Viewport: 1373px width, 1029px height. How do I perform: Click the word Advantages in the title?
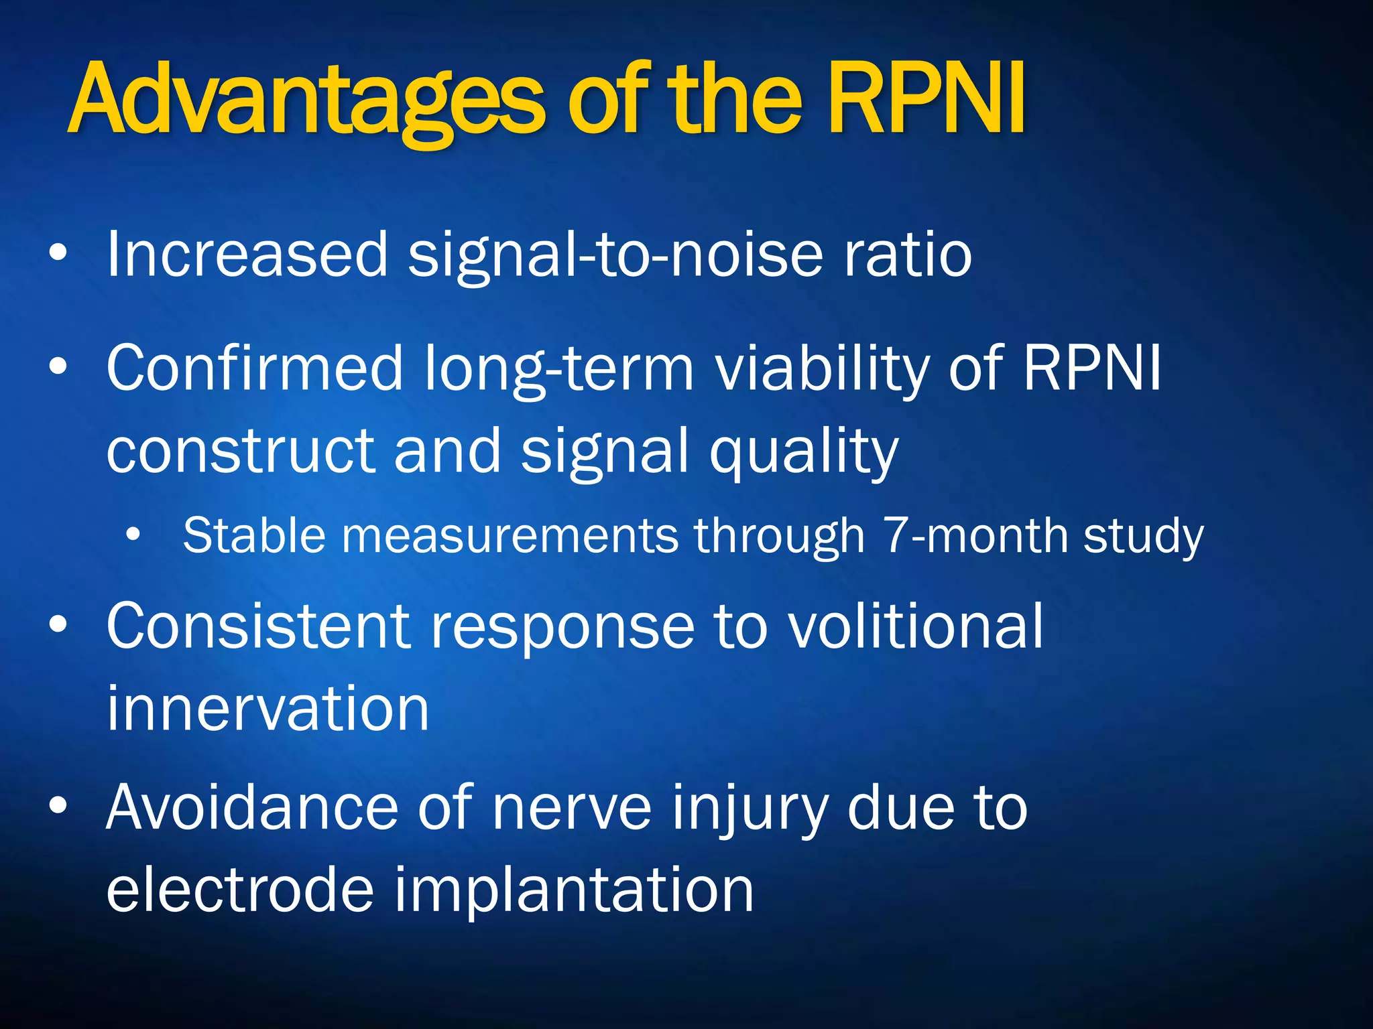(x=305, y=100)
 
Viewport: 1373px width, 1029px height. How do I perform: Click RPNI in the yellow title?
(x=925, y=100)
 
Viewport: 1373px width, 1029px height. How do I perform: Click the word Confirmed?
(x=255, y=368)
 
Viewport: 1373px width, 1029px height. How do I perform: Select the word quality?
(x=804, y=453)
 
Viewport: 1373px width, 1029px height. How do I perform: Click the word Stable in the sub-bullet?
(x=254, y=535)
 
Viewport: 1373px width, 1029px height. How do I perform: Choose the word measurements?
(x=510, y=537)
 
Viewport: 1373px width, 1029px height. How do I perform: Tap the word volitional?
(x=914, y=626)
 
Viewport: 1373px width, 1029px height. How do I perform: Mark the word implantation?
(x=573, y=891)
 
